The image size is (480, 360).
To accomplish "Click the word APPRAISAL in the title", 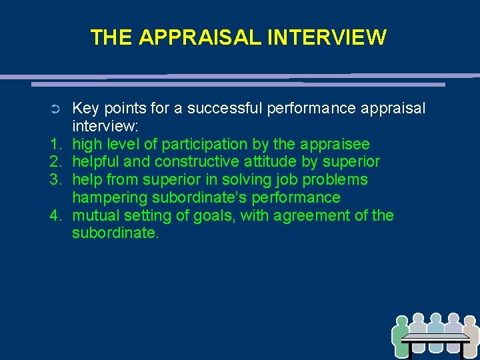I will (200, 37).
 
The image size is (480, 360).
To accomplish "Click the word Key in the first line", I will (85, 109).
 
